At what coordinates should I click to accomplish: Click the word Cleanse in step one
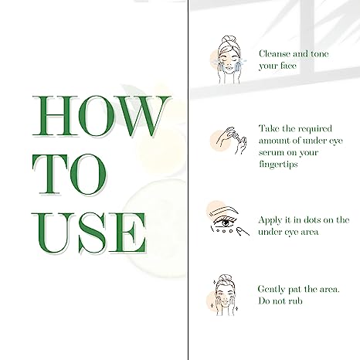pyautogui.click(x=275, y=54)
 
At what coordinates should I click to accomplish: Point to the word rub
pyautogui.click(x=297, y=301)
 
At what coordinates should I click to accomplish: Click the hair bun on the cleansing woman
pyautogui.click(x=226, y=39)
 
